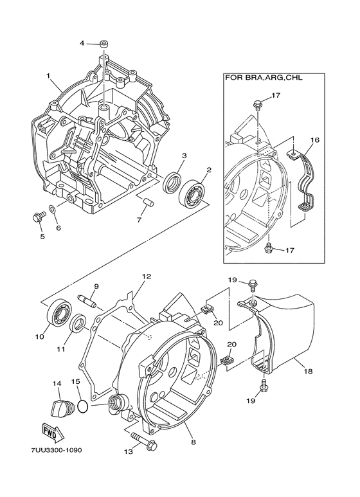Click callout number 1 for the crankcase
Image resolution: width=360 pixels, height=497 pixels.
pyautogui.click(x=48, y=76)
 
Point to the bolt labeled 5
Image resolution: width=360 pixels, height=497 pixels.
pyautogui.click(x=37, y=217)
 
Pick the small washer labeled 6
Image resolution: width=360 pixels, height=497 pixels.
pyautogui.click(x=53, y=211)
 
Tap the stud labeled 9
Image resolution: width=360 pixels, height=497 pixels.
pyautogui.click(x=87, y=300)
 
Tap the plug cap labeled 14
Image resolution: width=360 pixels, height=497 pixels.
pyautogui.click(x=59, y=407)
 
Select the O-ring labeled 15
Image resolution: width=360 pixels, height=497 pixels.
pyautogui.click(x=81, y=406)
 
